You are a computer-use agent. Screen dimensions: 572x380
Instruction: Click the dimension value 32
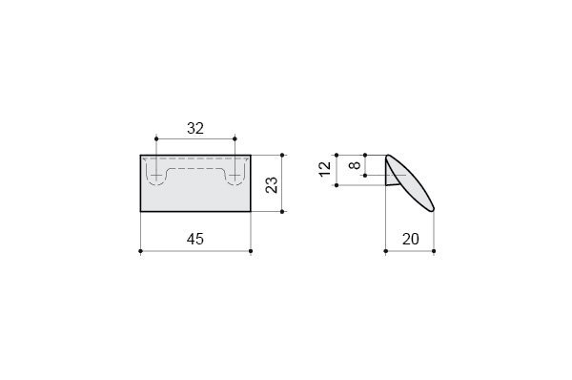click(195, 128)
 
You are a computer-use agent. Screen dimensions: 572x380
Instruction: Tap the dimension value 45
click(195, 239)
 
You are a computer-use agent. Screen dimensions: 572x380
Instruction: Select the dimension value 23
click(272, 185)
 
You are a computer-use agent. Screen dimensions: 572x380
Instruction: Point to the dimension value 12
click(325, 169)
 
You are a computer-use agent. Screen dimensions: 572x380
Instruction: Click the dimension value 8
click(355, 165)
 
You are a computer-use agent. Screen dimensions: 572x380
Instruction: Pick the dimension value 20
click(411, 239)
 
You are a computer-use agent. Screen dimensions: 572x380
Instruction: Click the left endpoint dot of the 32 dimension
click(156, 138)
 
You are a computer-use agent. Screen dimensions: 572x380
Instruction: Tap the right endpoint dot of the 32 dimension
click(235, 138)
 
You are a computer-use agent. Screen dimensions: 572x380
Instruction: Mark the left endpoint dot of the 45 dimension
click(140, 251)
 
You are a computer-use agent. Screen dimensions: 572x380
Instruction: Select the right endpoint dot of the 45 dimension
click(251, 251)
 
